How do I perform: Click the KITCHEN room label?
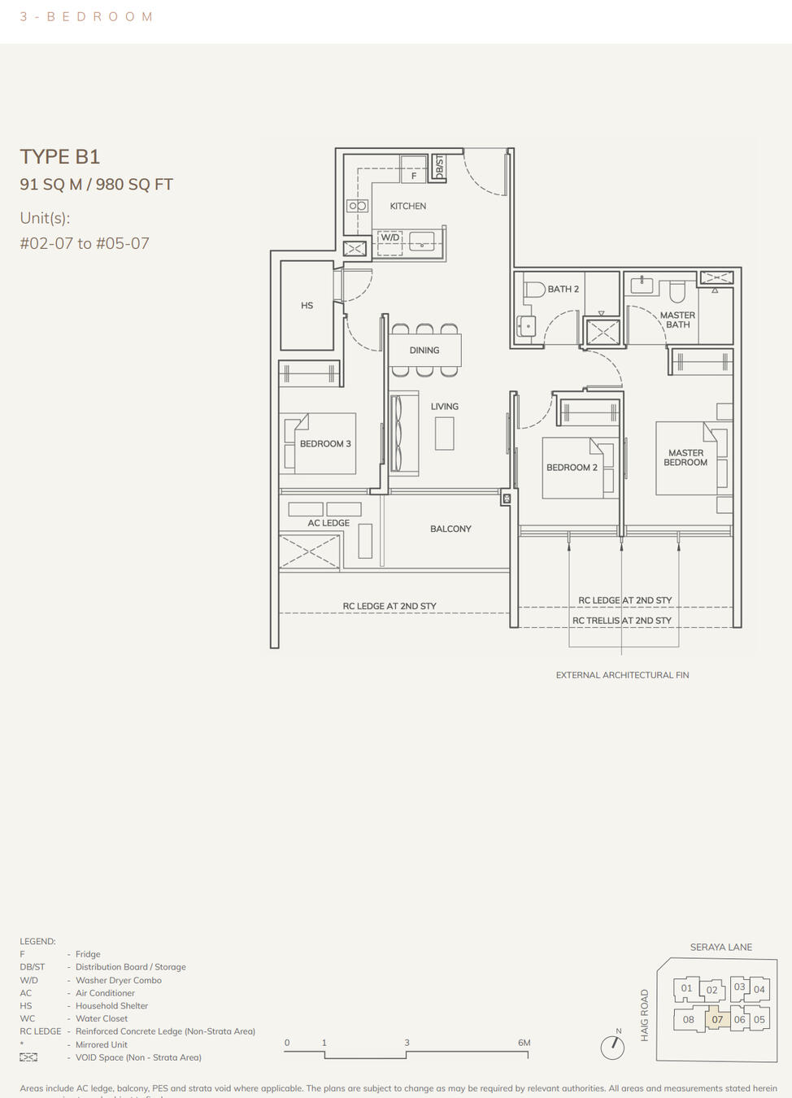pyautogui.click(x=407, y=206)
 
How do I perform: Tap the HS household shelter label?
pyautogui.click(x=307, y=306)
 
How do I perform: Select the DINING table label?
pyautogui.click(x=424, y=351)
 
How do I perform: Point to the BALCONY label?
pyautogui.click(x=450, y=529)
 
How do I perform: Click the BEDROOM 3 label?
pyautogui.click(x=325, y=444)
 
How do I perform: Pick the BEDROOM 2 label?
pyautogui.click(x=572, y=468)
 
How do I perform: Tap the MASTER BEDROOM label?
pyautogui.click(x=685, y=458)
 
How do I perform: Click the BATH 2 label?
pyautogui.click(x=563, y=289)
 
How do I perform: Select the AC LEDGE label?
pyautogui.click(x=329, y=523)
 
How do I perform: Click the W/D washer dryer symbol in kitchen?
pyautogui.click(x=390, y=238)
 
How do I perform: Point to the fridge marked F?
pyautogui.click(x=413, y=175)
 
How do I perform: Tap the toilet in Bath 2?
pyautogui.click(x=533, y=289)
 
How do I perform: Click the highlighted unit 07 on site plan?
pyautogui.click(x=717, y=1019)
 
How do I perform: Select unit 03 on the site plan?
pyautogui.click(x=739, y=987)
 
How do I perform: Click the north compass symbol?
pyautogui.click(x=611, y=1047)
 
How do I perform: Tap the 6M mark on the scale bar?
pyautogui.click(x=524, y=1043)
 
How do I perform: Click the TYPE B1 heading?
pyautogui.click(x=60, y=156)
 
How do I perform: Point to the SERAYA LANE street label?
pyautogui.click(x=720, y=947)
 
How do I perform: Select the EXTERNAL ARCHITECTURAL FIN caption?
pyautogui.click(x=622, y=675)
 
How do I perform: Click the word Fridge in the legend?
pyautogui.click(x=88, y=954)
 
